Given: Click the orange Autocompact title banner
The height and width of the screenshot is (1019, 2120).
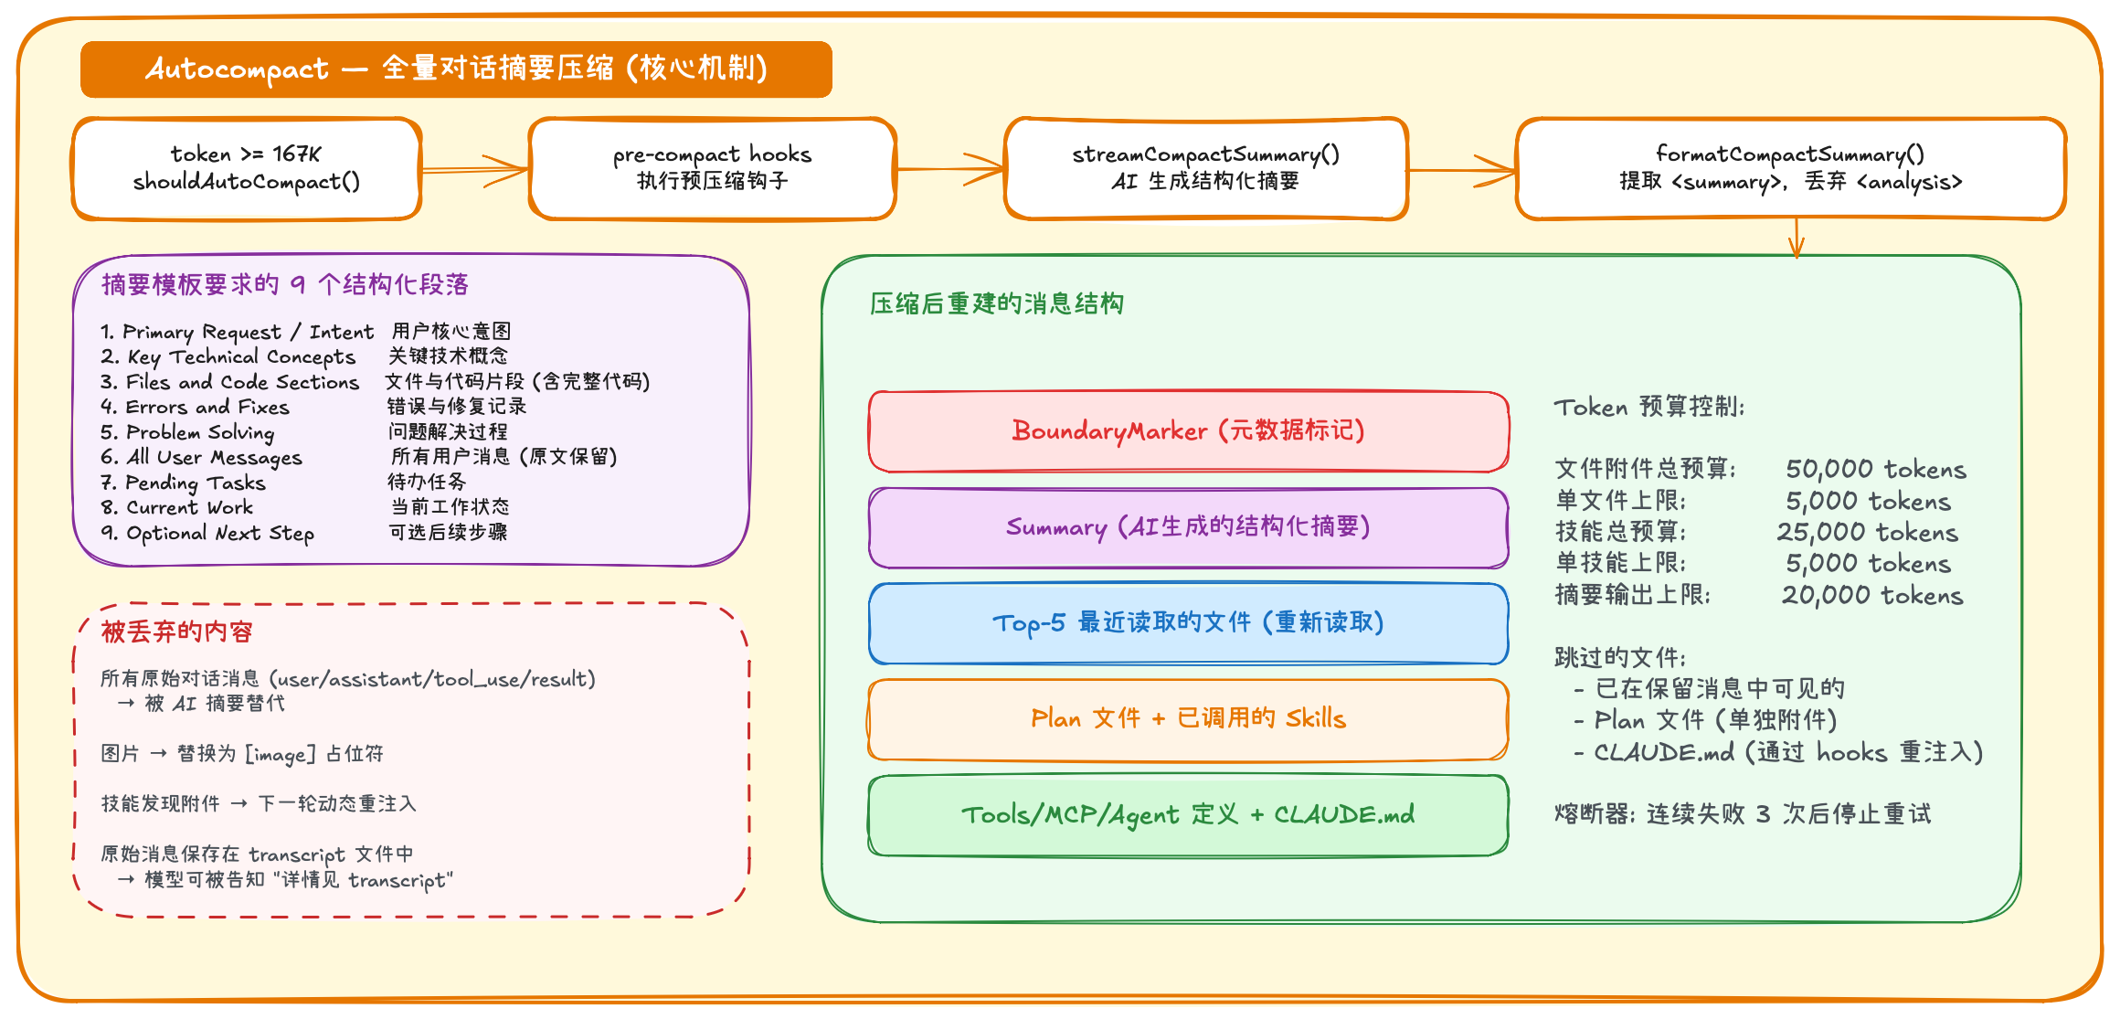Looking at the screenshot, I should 456,69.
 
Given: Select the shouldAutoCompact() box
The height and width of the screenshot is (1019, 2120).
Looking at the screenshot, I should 247,169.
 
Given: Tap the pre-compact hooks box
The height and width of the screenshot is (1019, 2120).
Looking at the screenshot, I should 712,169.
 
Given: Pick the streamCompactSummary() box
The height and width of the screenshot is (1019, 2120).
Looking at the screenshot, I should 1205,169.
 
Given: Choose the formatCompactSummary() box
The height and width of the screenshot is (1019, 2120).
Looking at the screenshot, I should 1790,169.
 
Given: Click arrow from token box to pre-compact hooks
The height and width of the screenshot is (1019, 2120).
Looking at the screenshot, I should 475,170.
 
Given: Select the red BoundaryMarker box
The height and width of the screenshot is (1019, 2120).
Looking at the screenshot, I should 1188,431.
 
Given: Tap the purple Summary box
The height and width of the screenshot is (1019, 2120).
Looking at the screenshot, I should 1188,527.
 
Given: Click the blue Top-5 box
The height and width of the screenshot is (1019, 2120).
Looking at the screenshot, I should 1188,623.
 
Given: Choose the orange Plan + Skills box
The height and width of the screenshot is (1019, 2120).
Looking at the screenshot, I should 1188,719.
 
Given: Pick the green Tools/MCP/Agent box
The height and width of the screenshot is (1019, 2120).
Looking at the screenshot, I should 1188,815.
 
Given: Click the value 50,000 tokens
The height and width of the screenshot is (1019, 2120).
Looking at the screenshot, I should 1875,470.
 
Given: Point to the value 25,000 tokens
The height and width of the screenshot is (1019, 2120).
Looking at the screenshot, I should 1867,533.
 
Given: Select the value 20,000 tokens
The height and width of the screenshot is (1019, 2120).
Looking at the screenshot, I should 1871,596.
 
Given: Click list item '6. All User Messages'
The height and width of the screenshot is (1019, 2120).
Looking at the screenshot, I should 202,457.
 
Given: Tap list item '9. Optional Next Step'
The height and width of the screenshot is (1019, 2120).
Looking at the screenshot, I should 208,533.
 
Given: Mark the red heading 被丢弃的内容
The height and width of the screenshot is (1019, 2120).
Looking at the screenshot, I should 176,632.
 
